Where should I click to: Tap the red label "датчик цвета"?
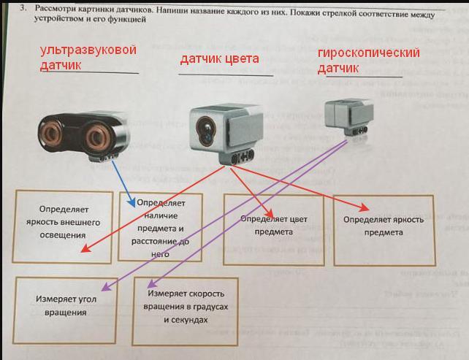tap(220, 59)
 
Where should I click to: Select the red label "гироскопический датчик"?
tap(358, 61)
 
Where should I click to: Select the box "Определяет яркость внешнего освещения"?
tap(64, 222)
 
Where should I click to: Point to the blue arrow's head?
tap(132, 204)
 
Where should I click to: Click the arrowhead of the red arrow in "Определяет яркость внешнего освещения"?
tap(83, 252)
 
